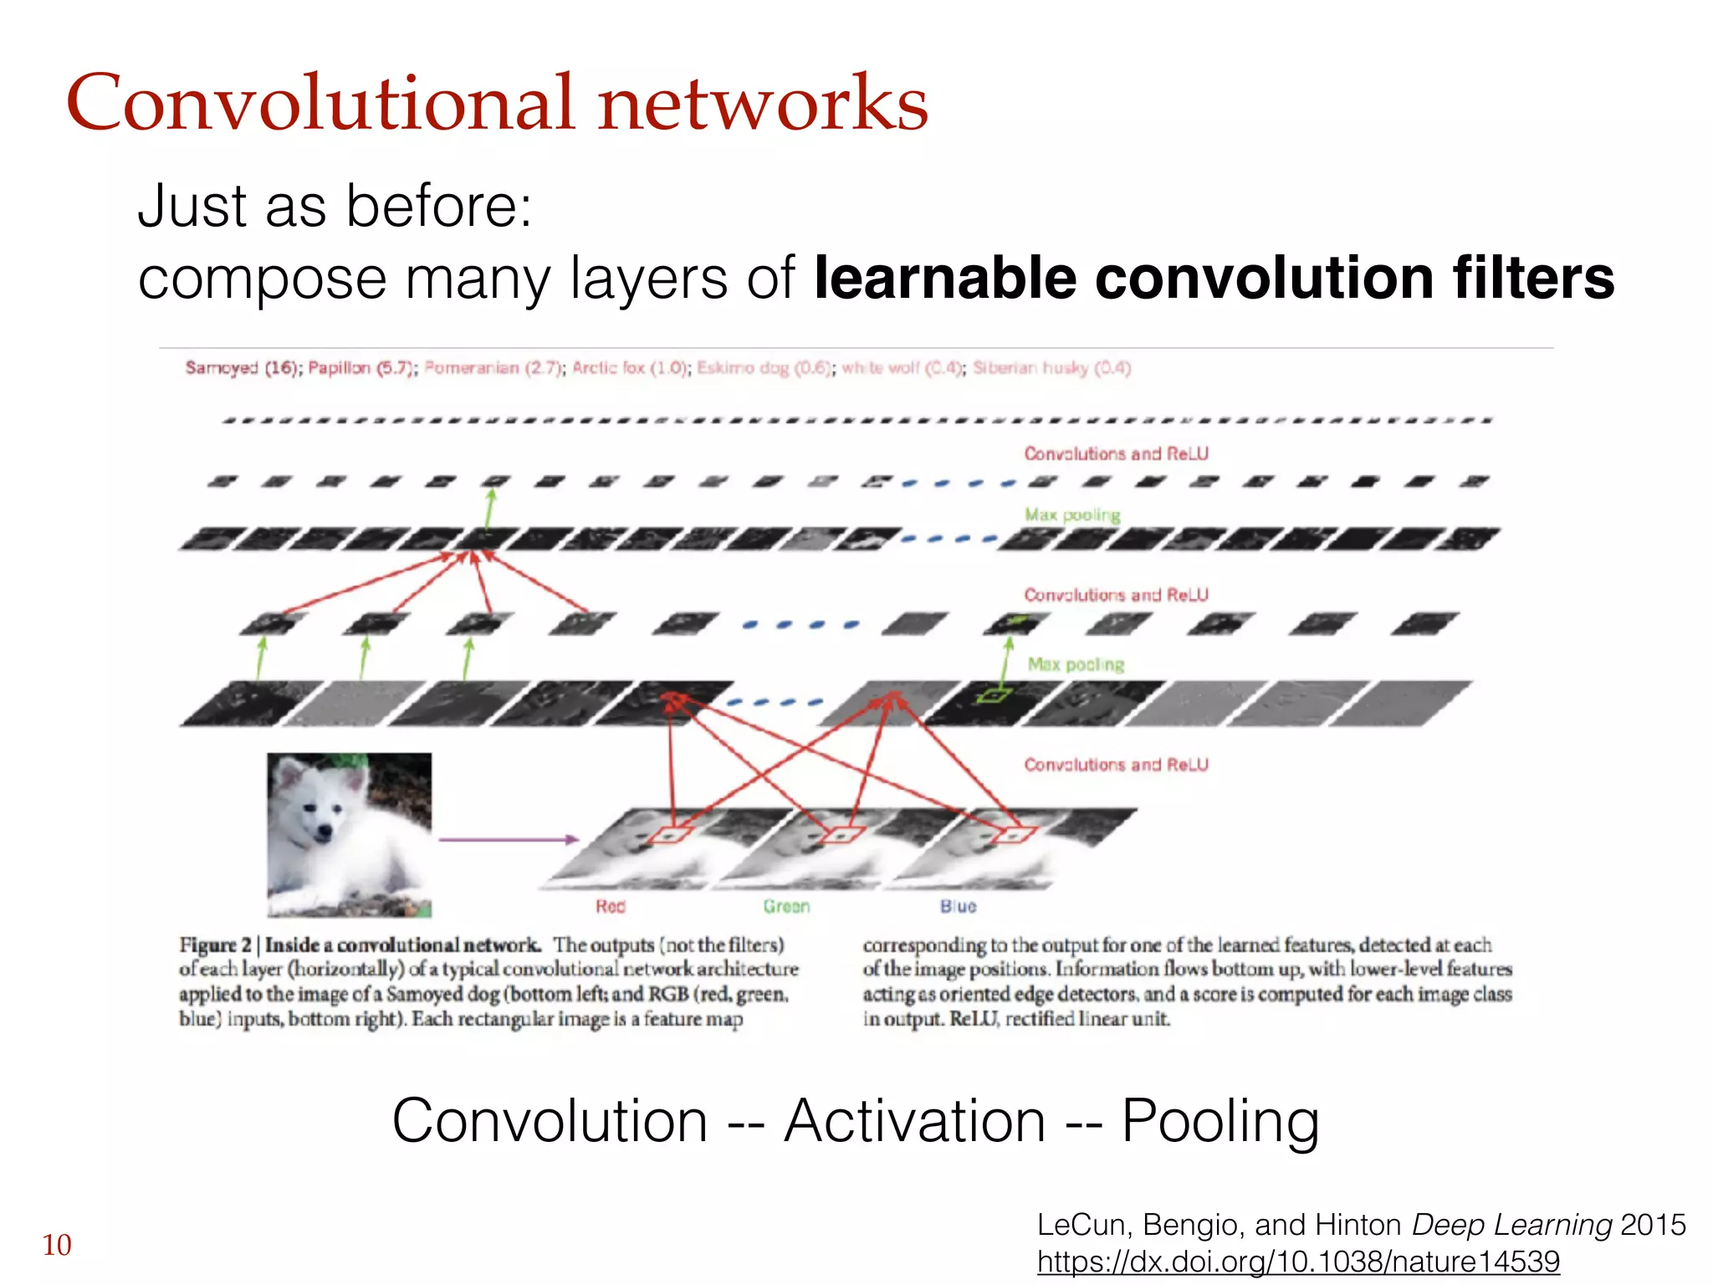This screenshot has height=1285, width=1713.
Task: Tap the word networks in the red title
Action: (x=763, y=103)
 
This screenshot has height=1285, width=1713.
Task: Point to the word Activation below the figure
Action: (x=914, y=1121)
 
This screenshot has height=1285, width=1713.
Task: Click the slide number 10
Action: (x=57, y=1245)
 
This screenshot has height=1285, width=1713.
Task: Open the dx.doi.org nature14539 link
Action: (x=1298, y=1261)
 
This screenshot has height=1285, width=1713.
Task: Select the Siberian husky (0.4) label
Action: (x=1051, y=368)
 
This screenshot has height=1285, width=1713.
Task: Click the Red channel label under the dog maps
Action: (x=610, y=906)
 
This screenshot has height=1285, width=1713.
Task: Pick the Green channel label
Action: (x=786, y=906)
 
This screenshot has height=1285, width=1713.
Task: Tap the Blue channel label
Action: (x=958, y=906)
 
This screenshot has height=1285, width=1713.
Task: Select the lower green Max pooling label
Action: (x=1076, y=664)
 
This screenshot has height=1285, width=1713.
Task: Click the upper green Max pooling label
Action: (x=1072, y=515)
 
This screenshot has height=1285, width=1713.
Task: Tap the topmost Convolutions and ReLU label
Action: (x=1116, y=453)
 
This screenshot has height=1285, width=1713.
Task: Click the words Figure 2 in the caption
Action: (x=215, y=945)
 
